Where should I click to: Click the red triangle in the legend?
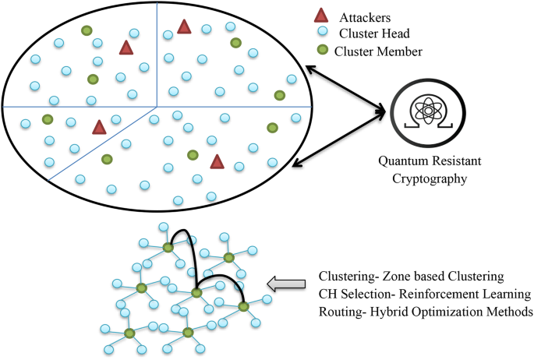[320, 16]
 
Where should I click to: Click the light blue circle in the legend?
[320, 34]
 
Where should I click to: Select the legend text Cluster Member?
[379, 51]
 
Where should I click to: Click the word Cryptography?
[430, 178]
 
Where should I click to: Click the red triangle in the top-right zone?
[184, 27]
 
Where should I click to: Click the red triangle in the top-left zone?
[126, 48]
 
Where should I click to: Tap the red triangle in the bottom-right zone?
[217, 161]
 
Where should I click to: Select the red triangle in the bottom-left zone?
[98, 127]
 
